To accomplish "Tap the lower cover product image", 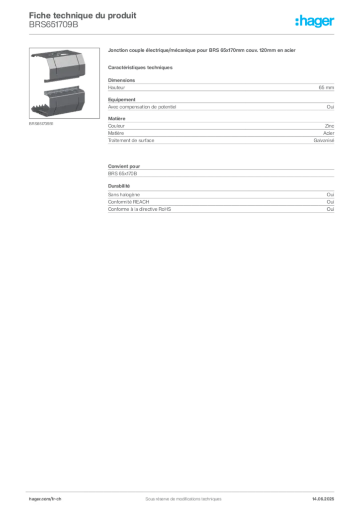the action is point(58,101).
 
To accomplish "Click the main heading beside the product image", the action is point(203,51).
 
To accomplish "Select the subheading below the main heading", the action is point(141,67).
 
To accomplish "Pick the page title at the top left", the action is point(83,15).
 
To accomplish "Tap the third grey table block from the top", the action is point(221,170).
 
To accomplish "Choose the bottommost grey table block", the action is point(221,203).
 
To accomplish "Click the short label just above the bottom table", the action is point(119,186).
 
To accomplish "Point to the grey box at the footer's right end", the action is point(326,495).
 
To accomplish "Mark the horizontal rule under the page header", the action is point(183,33).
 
